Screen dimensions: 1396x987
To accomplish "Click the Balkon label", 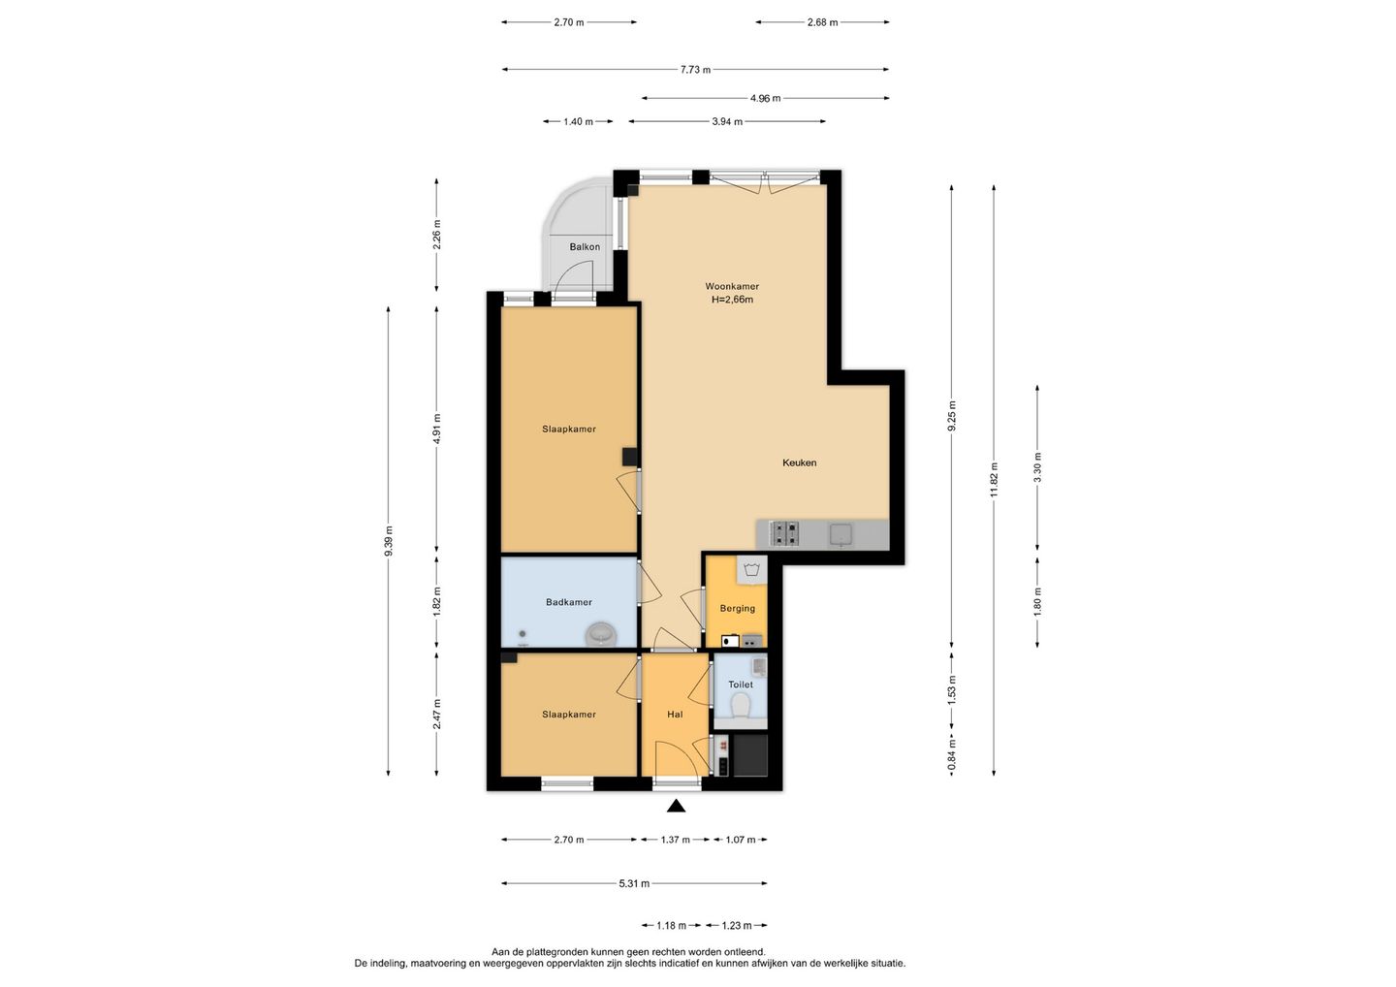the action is [x=585, y=246].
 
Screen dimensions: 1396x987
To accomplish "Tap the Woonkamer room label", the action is [x=732, y=286].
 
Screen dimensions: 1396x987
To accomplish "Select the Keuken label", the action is [x=800, y=462].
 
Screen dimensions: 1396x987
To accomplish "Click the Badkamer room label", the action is [x=569, y=602].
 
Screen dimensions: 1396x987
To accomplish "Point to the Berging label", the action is [x=737, y=608].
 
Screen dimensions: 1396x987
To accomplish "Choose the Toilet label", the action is [x=741, y=685].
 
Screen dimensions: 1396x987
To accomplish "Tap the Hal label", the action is [x=675, y=715].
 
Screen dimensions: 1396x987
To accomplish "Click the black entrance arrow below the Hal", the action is [x=677, y=807].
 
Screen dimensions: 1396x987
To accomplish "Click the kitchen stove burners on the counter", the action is [x=785, y=534].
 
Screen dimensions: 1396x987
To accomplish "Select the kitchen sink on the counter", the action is [x=841, y=534].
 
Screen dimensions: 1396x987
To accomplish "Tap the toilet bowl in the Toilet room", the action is [x=740, y=706].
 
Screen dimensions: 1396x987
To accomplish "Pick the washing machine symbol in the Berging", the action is [x=751, y=569].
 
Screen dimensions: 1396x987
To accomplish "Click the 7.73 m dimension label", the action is [x=695, y=70].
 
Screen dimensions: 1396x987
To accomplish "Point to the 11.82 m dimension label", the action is [x=994, y=480].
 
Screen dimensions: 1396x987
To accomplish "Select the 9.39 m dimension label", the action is [x=388, y=541].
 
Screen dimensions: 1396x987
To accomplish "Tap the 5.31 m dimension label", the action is [x=634, y=883].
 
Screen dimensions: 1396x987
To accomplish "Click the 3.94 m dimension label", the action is [x=727, y=121].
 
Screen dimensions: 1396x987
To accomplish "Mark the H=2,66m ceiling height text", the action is [x=732, y=299].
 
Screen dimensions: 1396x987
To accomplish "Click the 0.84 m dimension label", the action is [x=952, y=754].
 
